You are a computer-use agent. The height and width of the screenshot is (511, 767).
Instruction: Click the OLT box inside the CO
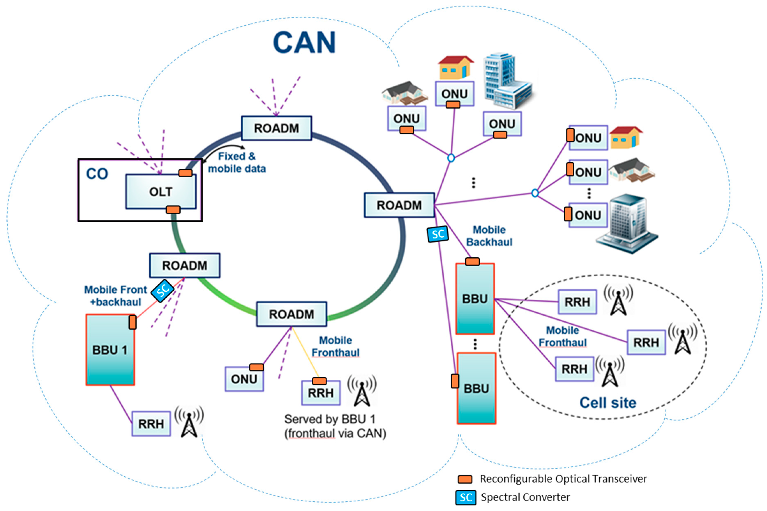click(161, 192)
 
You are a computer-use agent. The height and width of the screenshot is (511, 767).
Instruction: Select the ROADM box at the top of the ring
click(276, 128)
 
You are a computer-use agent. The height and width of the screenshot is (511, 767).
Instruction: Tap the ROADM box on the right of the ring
click(399, 205)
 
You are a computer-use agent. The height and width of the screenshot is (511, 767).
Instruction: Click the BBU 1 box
click(110, 350)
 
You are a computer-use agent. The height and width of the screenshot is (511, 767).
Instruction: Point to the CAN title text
click(304, 42)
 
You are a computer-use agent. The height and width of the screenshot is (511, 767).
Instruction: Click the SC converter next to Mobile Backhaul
click(438, 234)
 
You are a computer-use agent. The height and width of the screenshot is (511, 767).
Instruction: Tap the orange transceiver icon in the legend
click(465, 479)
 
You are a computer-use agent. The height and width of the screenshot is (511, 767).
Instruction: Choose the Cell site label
click(608, 403)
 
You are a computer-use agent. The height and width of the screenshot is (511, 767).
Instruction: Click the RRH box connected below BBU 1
click(151, 424)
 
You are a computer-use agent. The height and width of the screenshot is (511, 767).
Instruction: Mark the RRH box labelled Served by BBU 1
click(321, 393)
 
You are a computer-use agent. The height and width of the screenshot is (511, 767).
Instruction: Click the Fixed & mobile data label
click(237, 163)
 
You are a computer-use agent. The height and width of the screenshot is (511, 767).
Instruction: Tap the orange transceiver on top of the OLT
click(185, 173)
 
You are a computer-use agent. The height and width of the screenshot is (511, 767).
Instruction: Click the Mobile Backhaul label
click(489, 236)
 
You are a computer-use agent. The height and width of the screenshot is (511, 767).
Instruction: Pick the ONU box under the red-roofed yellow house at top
click(454, 94)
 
